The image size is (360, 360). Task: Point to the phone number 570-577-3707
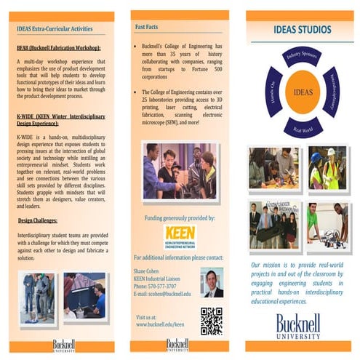pyautogui.click(x=160, y=286)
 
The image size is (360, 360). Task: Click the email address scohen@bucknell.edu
pyautogui.click(x=163, y=294)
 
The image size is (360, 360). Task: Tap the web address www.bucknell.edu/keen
pyautogui.click(x=160, y=324)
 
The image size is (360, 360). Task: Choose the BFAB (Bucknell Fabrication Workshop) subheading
pyautogui.click(x=58, y=48)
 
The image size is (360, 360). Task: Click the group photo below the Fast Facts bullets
pyautogui.click(x=179, y=170)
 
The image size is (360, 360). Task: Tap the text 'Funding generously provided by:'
pyautogui.click(x=180, y=217)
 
